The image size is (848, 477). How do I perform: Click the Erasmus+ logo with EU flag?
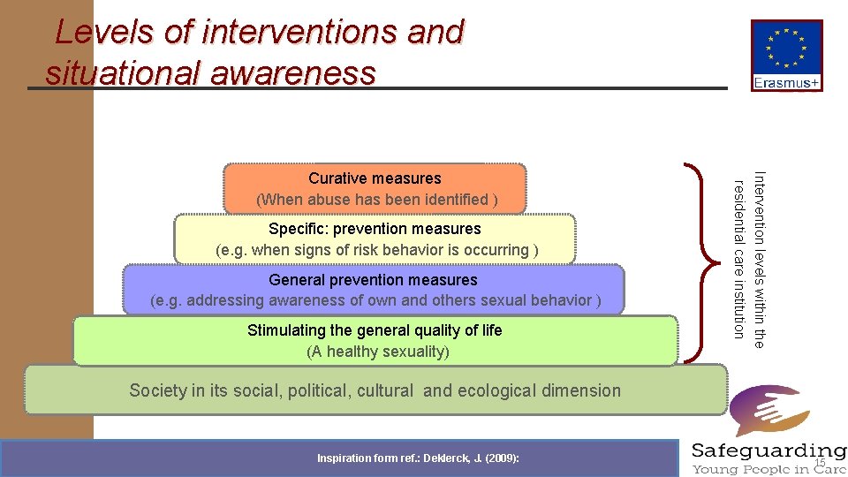[787, 56]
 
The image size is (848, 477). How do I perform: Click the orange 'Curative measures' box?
[375, 189]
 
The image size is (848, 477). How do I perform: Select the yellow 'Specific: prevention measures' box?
[375, 239]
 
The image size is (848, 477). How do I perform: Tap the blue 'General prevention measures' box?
[375, 290]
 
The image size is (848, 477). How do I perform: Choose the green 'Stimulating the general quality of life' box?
[375, 341]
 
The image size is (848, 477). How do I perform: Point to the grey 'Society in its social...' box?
[375, 390]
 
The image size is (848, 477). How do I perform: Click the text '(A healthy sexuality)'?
[377, 352]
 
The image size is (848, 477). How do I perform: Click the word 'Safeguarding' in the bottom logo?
[768, 450]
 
